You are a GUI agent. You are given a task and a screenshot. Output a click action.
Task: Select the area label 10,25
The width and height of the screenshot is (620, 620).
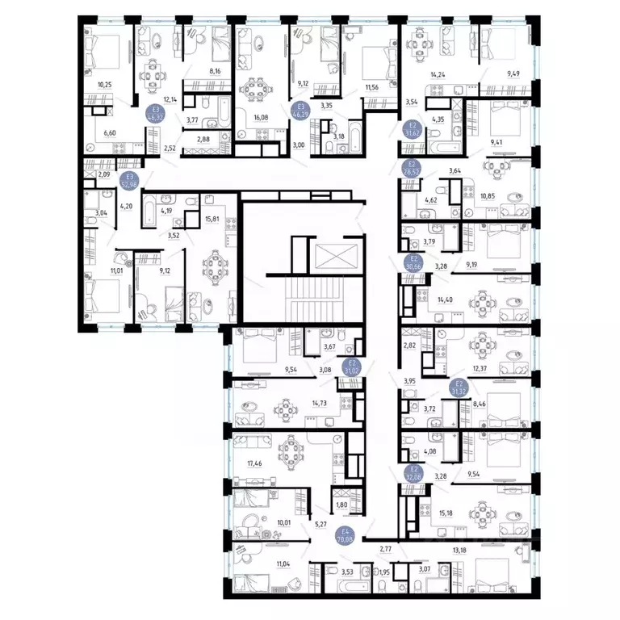(104, 84)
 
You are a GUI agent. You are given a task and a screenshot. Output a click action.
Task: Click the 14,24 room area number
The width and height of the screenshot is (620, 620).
(438, 75)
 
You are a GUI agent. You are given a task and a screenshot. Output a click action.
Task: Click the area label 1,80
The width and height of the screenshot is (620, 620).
(341, 505)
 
